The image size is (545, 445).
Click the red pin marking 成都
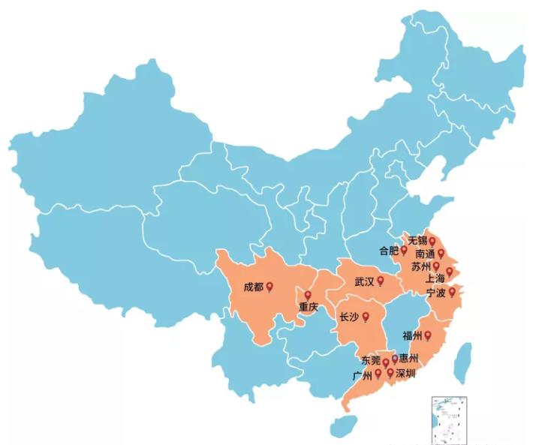click(269, 286)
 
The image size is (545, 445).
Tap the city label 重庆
click(308, 307)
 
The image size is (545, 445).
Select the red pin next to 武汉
click(381, 281)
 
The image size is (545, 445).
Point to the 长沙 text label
click(348, 317)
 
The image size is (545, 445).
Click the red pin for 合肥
click(404, 249)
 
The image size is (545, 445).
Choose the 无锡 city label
click(417, 241)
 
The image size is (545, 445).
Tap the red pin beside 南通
click(441, 254)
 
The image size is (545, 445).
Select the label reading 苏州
click(421, 267)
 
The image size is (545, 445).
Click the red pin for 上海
click(450, 272)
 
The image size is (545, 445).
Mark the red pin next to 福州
click(429, 335)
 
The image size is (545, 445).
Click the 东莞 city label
click(370, 361)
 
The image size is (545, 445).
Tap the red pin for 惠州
click(395, 359)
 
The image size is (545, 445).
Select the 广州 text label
click(363, 374)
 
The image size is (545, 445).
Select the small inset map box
click(447, 419)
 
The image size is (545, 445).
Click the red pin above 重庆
click(308, 295)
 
